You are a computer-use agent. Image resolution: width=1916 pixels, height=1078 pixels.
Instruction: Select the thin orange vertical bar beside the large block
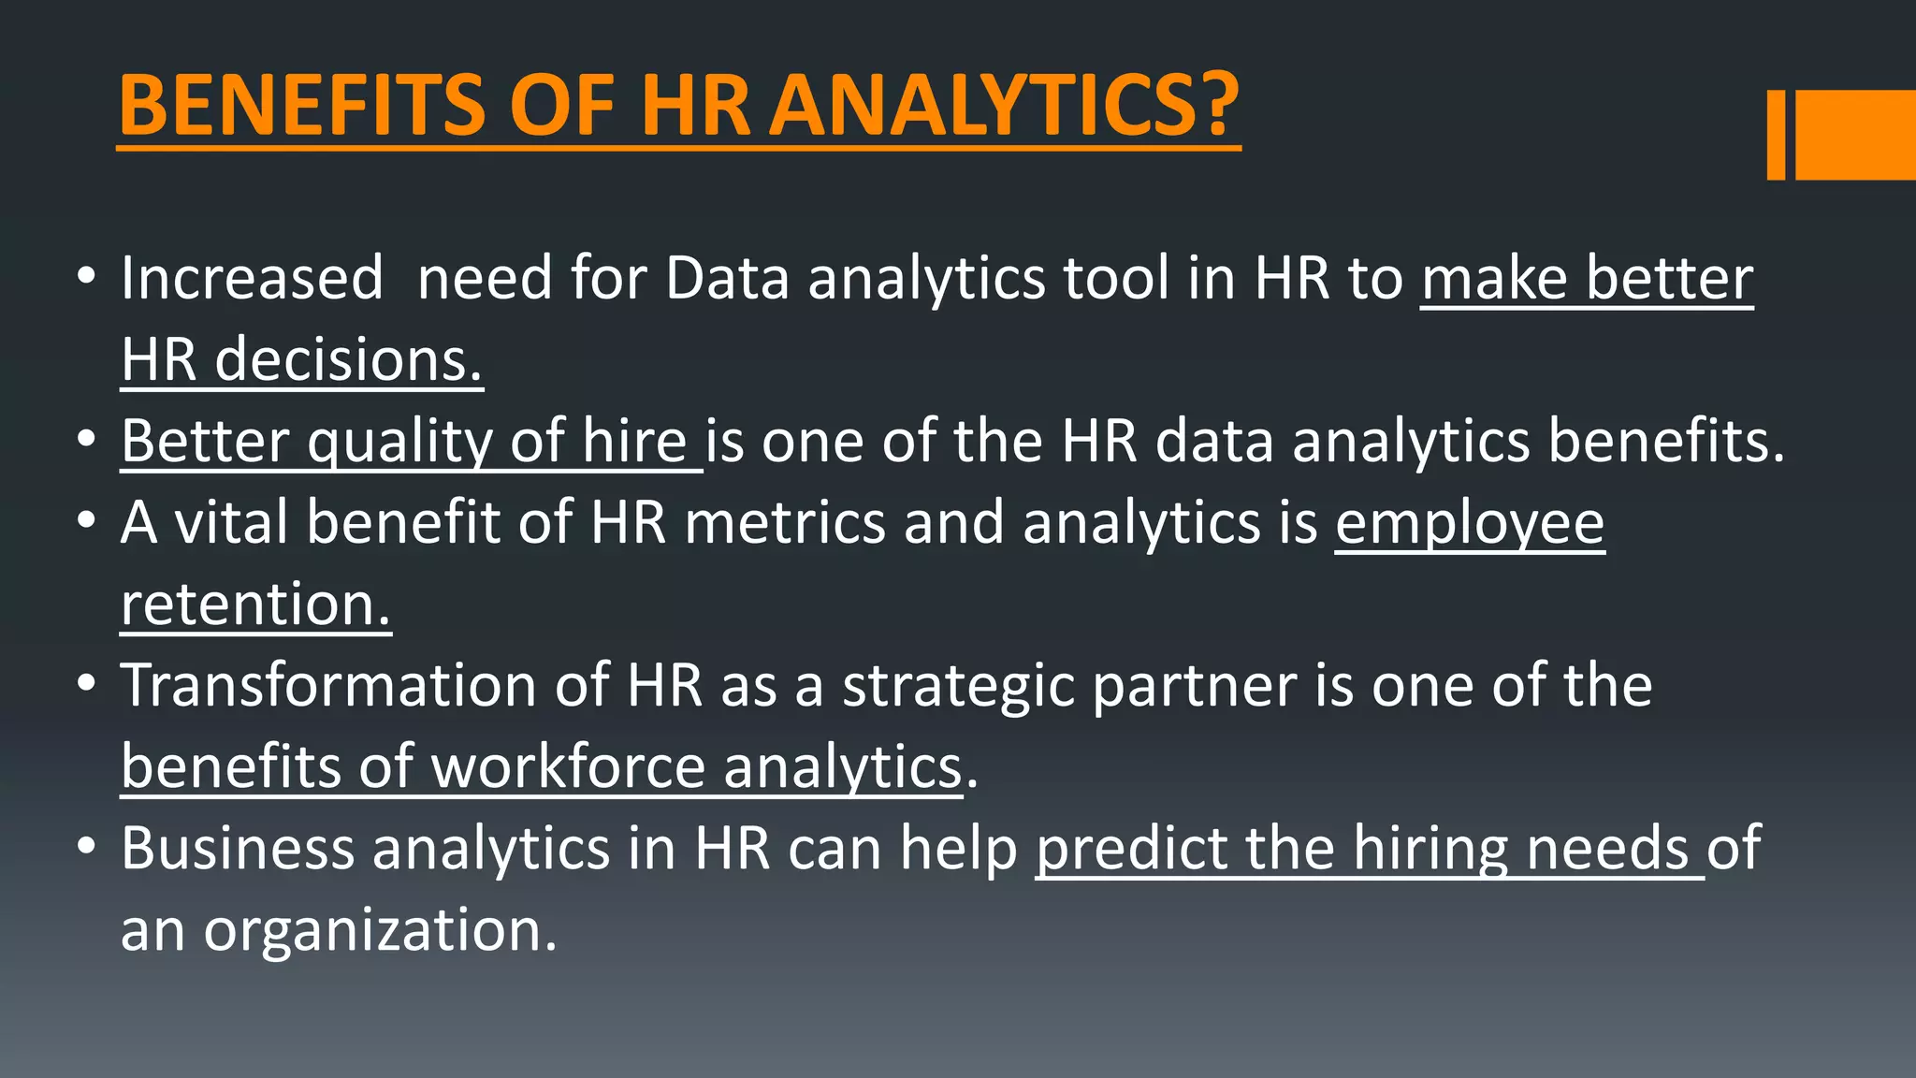[1776, 135]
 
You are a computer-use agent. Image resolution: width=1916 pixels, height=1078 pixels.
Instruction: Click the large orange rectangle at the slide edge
[1855, 135]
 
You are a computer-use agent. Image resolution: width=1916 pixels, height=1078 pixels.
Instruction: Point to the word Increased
[252, 279]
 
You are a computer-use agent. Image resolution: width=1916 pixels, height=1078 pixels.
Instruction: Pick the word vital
[231, 522]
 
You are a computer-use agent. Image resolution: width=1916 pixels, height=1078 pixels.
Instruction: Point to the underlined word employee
[1469, 524]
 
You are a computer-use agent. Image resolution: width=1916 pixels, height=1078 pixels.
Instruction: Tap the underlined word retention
[254, 605]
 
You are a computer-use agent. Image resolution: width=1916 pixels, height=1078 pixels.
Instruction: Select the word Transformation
[328, 685]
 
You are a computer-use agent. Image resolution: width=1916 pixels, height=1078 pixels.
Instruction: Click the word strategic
[958, 687]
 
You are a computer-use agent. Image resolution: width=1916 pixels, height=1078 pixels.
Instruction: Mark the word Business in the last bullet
[237, 849]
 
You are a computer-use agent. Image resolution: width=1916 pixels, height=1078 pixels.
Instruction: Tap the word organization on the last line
[380, 931]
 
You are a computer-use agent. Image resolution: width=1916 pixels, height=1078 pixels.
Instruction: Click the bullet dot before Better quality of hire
[87, 439]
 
